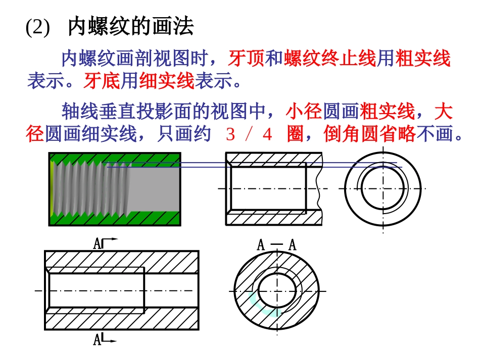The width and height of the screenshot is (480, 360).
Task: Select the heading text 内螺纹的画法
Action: point(130,27)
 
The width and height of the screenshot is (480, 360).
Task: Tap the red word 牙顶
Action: point(246,59)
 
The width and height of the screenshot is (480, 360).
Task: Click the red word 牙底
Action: point(102,81)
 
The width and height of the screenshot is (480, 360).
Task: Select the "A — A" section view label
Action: point(276,245)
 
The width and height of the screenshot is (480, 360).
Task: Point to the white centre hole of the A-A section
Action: point(277,290)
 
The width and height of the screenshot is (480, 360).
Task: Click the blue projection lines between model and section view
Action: point(202,165)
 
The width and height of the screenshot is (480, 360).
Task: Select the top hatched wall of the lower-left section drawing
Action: point(121,262)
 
